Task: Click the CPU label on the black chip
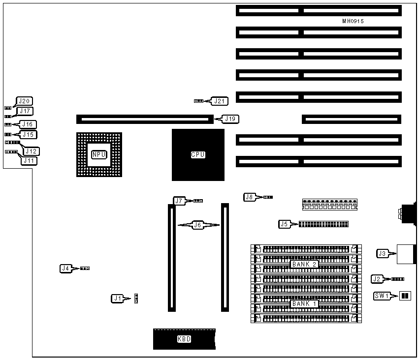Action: point(198,155)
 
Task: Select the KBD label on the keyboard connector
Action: point(184,339)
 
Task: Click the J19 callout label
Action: point(230,119)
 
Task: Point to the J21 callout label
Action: point(220,101)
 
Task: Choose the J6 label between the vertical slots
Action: point(197,225)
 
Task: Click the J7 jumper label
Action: point(180,201)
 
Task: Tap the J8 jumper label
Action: point(250,197)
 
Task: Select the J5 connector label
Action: point(284,224)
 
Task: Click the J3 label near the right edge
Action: point(382,254)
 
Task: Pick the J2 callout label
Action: point(377,279)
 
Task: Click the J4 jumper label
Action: point(65,269)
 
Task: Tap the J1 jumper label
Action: point(117,298)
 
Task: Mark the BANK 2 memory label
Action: point(304,264)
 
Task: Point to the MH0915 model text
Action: point(353,21)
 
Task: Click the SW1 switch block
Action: point(405,296)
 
